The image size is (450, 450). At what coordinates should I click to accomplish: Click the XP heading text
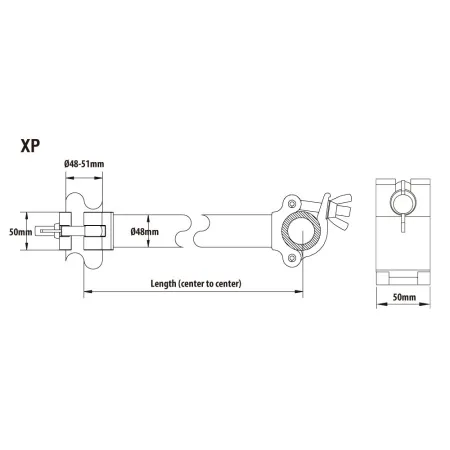32,143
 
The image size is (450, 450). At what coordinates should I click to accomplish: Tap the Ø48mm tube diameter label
146,231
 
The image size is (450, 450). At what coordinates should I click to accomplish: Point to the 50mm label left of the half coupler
20,231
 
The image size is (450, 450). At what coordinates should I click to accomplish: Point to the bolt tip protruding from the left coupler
44,231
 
